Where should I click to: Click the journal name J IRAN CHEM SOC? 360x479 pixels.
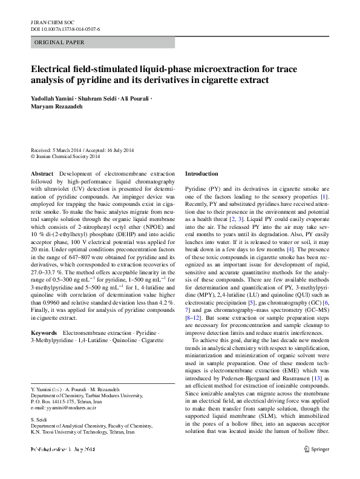(47, 21)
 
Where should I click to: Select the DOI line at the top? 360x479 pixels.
(65, 28)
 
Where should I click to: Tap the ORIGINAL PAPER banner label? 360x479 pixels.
(60, 42)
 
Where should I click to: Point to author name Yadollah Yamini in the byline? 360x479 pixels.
(53, 98)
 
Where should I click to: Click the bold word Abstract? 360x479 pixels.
(42, 173)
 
